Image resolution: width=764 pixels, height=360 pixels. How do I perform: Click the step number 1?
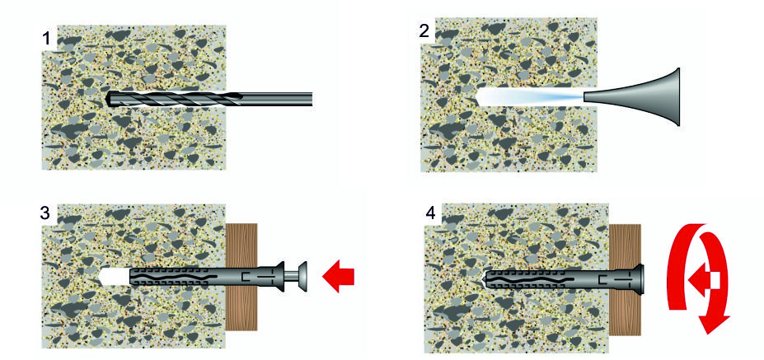tap(46, 39)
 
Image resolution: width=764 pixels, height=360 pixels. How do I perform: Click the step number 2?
tap(424, 31)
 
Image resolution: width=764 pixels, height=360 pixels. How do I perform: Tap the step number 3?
tap(45, 213)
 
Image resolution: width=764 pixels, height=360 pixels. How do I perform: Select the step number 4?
tap(431, 214)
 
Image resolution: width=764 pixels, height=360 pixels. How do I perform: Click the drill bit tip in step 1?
tap(109, 99)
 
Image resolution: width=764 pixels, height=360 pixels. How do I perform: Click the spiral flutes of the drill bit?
tap(176, 99)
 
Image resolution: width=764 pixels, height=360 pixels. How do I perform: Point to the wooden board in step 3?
tap(241, 277)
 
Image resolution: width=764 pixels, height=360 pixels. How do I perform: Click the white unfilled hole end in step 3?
tap(114, 277)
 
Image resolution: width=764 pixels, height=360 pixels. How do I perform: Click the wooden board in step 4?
tap(625, 279)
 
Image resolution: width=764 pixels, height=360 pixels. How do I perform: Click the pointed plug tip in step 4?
tap(484, 279)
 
